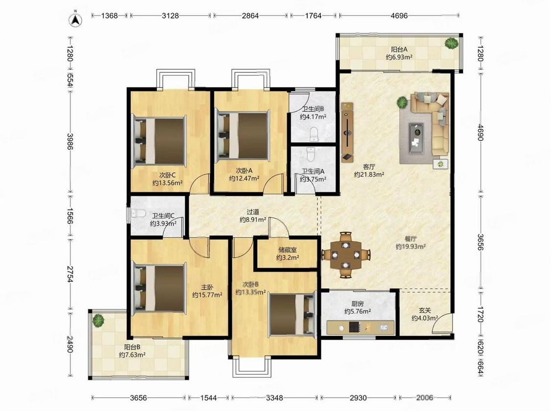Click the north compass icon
(x=75, y=20)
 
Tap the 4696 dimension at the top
(x=399, y=16)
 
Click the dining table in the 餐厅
(x=346, y=254)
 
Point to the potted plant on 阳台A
(x=451, y=43)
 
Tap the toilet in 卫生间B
(x=314, y=134)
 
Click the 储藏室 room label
(x=287, y=250)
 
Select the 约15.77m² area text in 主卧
(x=207, y=295)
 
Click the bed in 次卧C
(x=159, y=141)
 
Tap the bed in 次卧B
(x=291, y=315)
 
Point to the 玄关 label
(x=425, y=310)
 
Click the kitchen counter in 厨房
(x=360, y=327)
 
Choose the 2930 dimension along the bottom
(x=358, y=398)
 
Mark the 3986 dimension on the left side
(x=70, y=141)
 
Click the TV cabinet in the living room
(x=348, y=132)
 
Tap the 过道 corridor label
(x=253, y=212)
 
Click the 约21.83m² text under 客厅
(x=369, y=174)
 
